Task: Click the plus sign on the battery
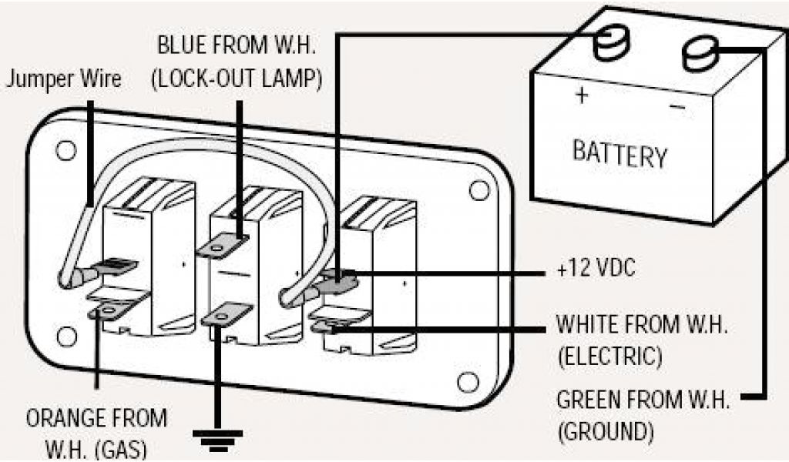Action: click(582, 96)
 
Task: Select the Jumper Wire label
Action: click(63, 80)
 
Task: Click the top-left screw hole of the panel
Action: click(66, 149)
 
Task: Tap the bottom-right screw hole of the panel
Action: click(465, 380)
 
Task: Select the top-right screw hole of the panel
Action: click(478, 189)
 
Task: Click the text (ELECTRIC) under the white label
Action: click(609, 357)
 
